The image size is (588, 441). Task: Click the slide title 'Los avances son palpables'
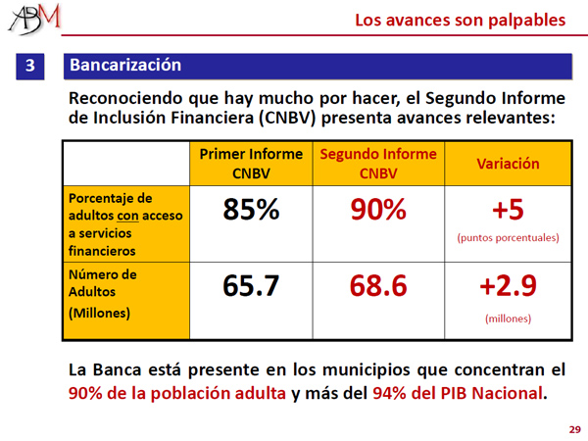point(460,19)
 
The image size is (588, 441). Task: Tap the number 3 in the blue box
point(30,67)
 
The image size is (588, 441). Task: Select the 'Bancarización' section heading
point(125,66)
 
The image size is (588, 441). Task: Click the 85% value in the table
point(250,210)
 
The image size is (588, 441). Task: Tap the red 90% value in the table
point(378,210)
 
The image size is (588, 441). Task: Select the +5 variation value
point(508,209)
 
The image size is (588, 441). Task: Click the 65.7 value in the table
point(250,287)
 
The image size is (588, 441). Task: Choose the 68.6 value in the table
point(378,287)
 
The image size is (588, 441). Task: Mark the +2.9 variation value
point(508,287)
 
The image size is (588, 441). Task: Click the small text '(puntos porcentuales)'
point(508,237)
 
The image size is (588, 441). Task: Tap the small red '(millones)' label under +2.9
point(508,318)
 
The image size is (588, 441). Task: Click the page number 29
point(574,429)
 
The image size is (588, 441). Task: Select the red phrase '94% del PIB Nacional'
point(459,394)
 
